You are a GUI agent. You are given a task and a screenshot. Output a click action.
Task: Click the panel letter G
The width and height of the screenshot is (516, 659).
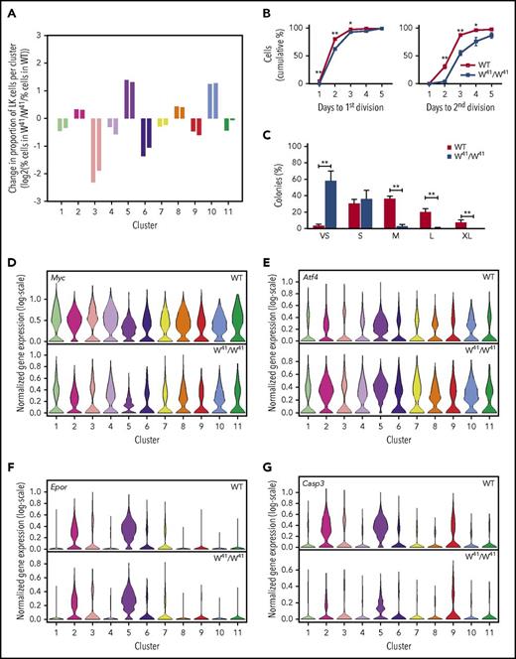click(270, 461)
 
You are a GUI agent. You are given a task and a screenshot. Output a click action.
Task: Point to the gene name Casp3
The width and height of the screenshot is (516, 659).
click(310, 476)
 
